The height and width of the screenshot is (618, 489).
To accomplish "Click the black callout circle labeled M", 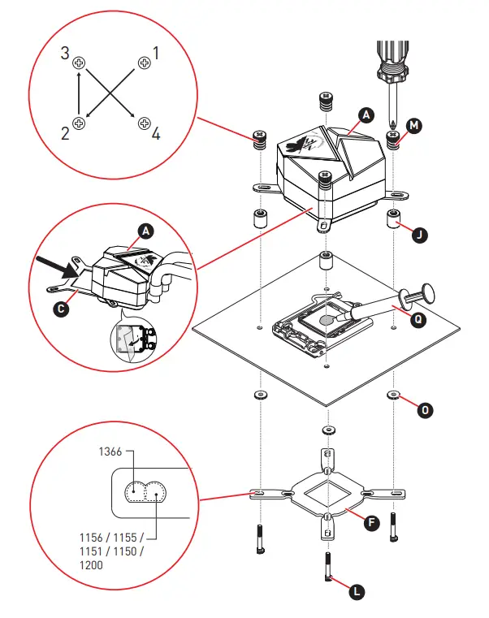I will click(414, 126).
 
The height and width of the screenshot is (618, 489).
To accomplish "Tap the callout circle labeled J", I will click(418, 236).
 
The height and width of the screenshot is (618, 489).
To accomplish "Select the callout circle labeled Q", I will click(418, 319).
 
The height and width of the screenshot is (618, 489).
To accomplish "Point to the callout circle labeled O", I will click(423, 410).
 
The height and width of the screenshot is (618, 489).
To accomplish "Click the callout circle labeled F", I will click(370, 522).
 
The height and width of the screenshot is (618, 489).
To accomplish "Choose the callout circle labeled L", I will click(356, 592).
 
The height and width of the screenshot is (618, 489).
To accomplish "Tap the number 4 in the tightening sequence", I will click(156, 132).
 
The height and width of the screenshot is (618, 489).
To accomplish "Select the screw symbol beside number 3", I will click(79, 62).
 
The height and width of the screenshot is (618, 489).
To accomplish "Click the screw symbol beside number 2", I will click(79, 123).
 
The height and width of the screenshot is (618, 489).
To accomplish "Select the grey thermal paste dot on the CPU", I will click(327, 320).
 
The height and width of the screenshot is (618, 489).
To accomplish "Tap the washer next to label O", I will click(393, 395).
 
